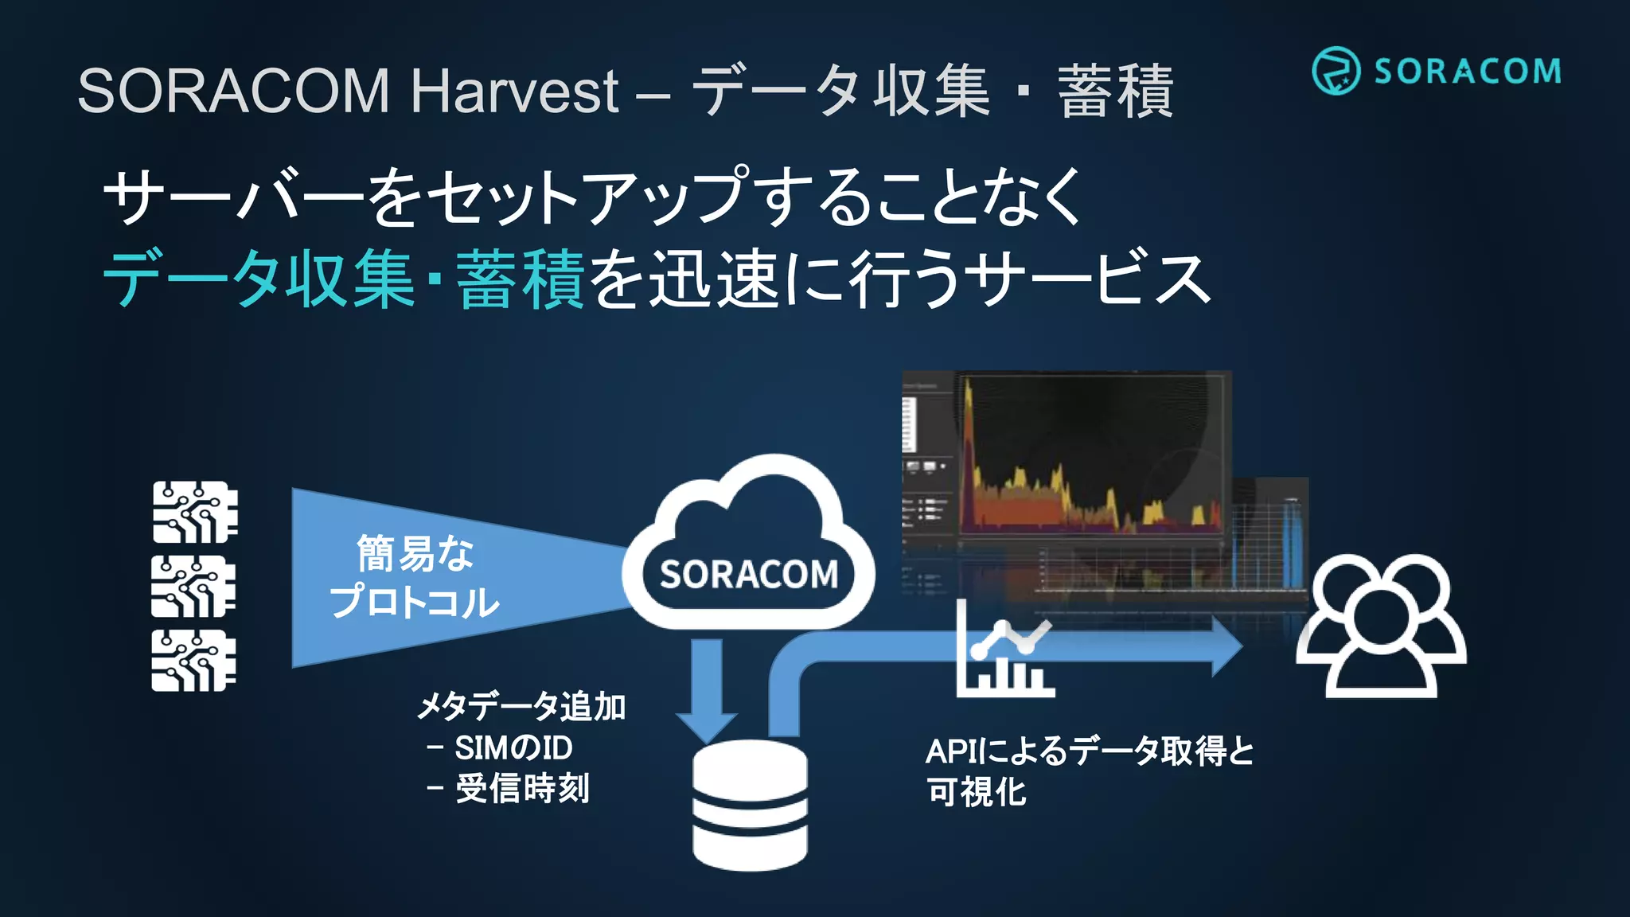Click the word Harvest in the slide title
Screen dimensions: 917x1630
tap(514, 91)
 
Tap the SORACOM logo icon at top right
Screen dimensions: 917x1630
tap(1336, 71)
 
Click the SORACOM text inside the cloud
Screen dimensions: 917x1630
tap(748, 575)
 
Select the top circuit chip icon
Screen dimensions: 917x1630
tap(195, 512)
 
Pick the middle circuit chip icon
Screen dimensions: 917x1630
tap(194, 587)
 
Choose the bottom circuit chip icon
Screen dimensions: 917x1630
tap(194, 661)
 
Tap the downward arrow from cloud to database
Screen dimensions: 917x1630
tap(707, 689)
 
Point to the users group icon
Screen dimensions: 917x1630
tap(1382, 626)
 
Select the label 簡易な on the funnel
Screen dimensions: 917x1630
tap(415, 553)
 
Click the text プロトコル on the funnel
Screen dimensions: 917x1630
tap(415, 602)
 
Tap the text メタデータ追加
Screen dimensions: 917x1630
tap(522, 707)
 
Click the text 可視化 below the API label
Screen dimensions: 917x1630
tap(977, 792)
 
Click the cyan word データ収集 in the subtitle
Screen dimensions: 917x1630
tap(259, 279)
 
